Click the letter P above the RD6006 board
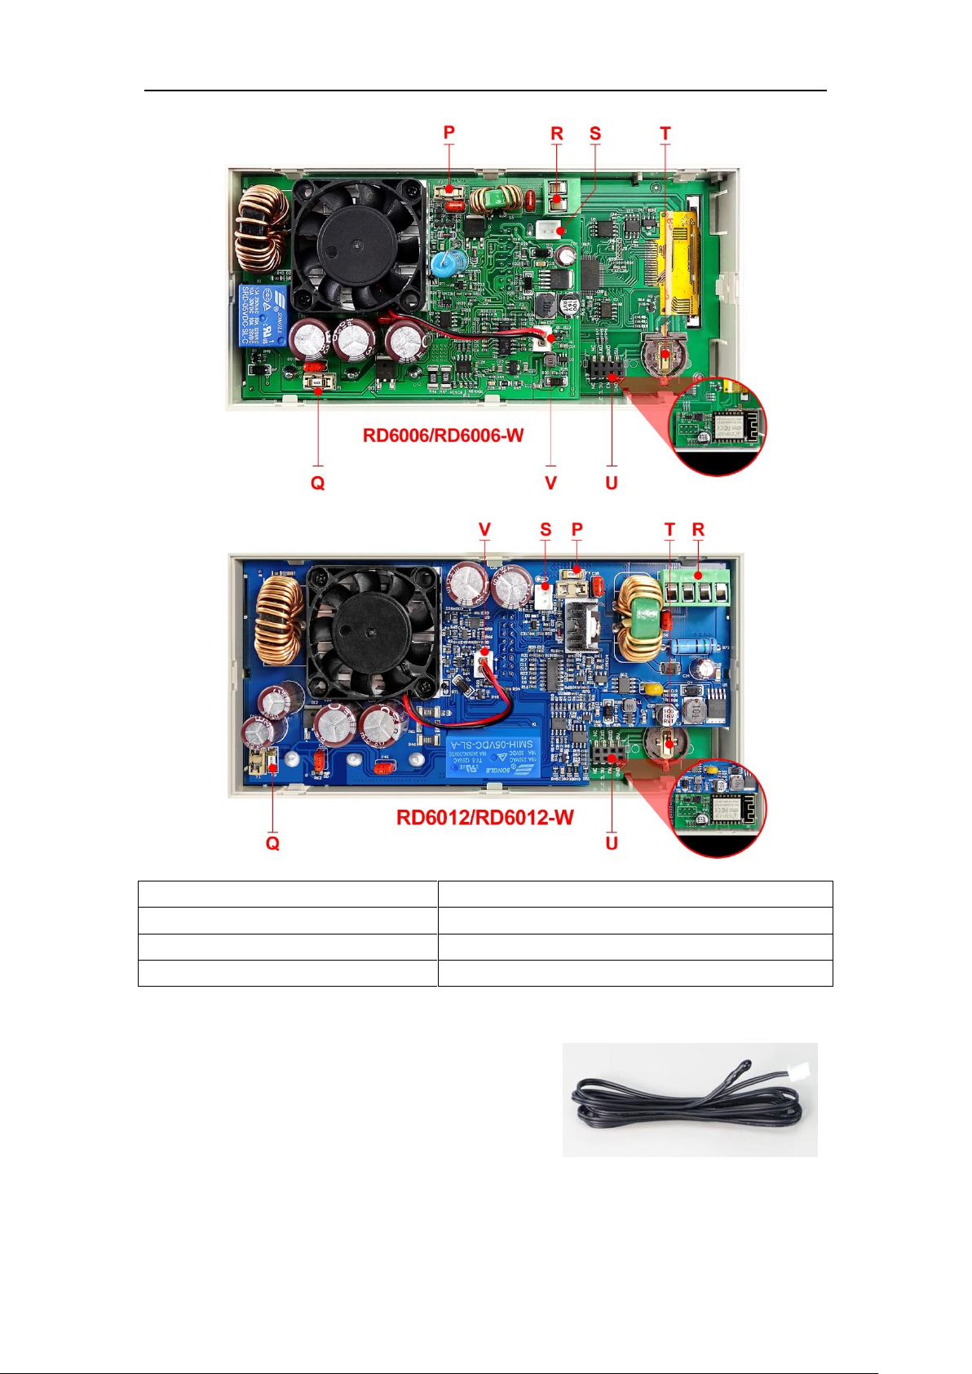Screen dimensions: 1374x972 click(448, 133)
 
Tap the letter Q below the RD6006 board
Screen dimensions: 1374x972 click(317, 483)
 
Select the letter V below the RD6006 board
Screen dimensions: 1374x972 click(550, 483)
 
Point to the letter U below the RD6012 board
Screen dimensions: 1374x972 click(612, 843)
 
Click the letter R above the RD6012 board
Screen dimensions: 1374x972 click(698, 529)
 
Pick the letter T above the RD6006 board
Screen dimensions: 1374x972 click(665, 133)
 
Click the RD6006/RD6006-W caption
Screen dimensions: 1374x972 click(443, 435)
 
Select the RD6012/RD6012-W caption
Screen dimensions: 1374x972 click(484, 817)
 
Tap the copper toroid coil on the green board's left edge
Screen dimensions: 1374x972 click(260, 228)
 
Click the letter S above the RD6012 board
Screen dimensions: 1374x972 click(546, 529)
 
